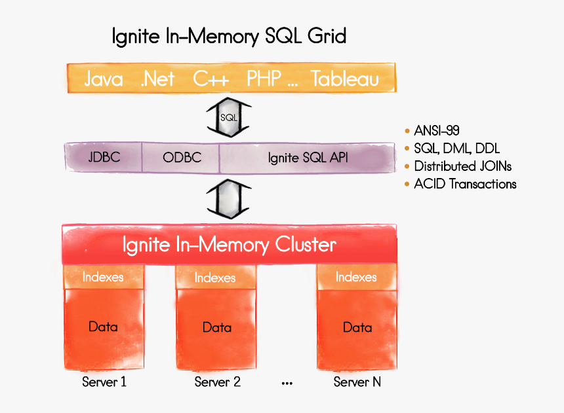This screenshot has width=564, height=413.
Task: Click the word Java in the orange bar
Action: pos(104,79)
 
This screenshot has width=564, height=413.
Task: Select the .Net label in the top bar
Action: pos(157,79)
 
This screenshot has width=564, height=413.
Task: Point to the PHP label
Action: pos(264,79)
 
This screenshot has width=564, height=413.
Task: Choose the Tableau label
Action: pos(345,79)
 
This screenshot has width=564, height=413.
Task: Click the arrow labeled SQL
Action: pos(229,117)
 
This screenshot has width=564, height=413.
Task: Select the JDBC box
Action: pos(104,158)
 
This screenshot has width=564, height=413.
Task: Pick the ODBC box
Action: pos(182,158)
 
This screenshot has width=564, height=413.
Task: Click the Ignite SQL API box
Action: pos(307,158)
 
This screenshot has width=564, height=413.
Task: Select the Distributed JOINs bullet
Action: pos(462,166)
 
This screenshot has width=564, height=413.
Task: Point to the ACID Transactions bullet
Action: pos(465,184)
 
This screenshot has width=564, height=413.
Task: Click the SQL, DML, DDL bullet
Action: pos(456,149)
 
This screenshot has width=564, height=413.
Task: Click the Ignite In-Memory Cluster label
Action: pos(230,245)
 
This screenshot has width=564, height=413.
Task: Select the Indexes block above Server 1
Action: pos(103,277)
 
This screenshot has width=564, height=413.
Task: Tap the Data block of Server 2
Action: pos(216,327)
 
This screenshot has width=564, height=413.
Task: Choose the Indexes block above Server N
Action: pos(356,277)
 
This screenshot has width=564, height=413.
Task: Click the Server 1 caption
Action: pos(104,382)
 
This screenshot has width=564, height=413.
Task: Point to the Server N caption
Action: pos(357,382)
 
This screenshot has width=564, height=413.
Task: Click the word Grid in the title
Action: pos(325,35)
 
